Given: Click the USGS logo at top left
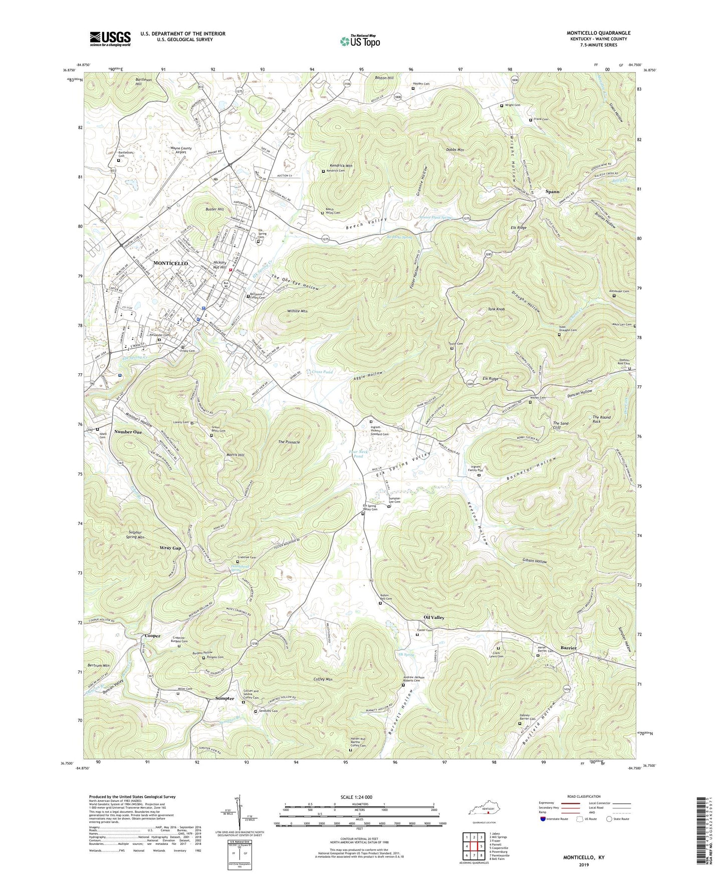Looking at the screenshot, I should (x=110, y=38).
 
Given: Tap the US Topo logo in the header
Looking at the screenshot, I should (x=360, y=41).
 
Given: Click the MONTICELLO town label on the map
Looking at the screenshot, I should (x=170, y=263).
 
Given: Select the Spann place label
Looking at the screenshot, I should (x=552, y=191).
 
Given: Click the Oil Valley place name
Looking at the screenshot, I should (x=434, y=617).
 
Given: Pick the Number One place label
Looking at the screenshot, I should (x=128, y=431).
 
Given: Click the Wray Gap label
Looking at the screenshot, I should (x=170, y=548).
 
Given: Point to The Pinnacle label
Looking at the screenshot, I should (x=289, y=442).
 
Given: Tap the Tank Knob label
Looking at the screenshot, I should (x=496, y=309).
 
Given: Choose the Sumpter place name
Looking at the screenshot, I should (x=224, y=698).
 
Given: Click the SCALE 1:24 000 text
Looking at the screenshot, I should (x=359, y=797).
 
